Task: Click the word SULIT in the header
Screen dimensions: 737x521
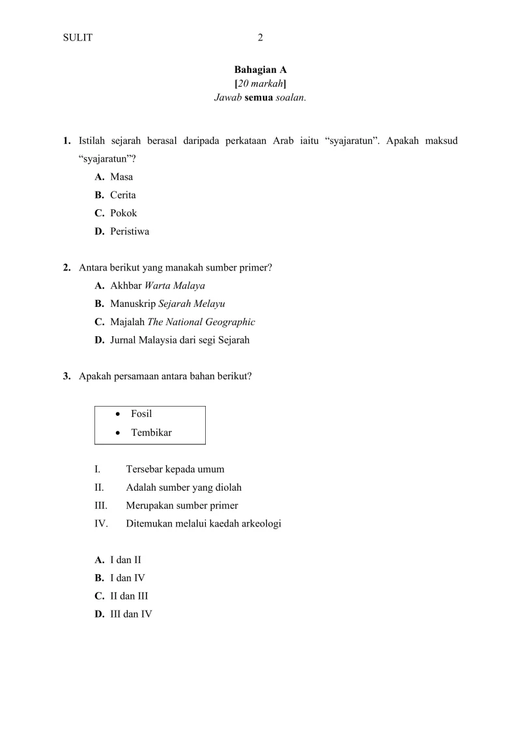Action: coord(77,38)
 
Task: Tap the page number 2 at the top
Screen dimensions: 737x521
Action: coord(260,38)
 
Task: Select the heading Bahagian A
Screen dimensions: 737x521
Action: coord(260,69)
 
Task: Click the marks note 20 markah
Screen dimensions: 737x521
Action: coord(260,83)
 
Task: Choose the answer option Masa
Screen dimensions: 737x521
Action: coord(122,177)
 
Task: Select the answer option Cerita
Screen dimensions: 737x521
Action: coord(123,195)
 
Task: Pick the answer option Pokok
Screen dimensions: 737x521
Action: coord(124,213)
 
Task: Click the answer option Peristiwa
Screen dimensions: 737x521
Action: coord(130,231)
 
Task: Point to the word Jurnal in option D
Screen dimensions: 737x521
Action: coord(124,340)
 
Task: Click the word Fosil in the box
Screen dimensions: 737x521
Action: coord(141,414)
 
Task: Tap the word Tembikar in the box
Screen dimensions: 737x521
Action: coord(151,432)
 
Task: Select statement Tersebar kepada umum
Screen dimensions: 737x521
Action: coord(175,469)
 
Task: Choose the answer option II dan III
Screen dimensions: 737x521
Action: coord(130,596)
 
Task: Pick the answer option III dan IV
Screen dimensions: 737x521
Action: coord(131,614)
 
